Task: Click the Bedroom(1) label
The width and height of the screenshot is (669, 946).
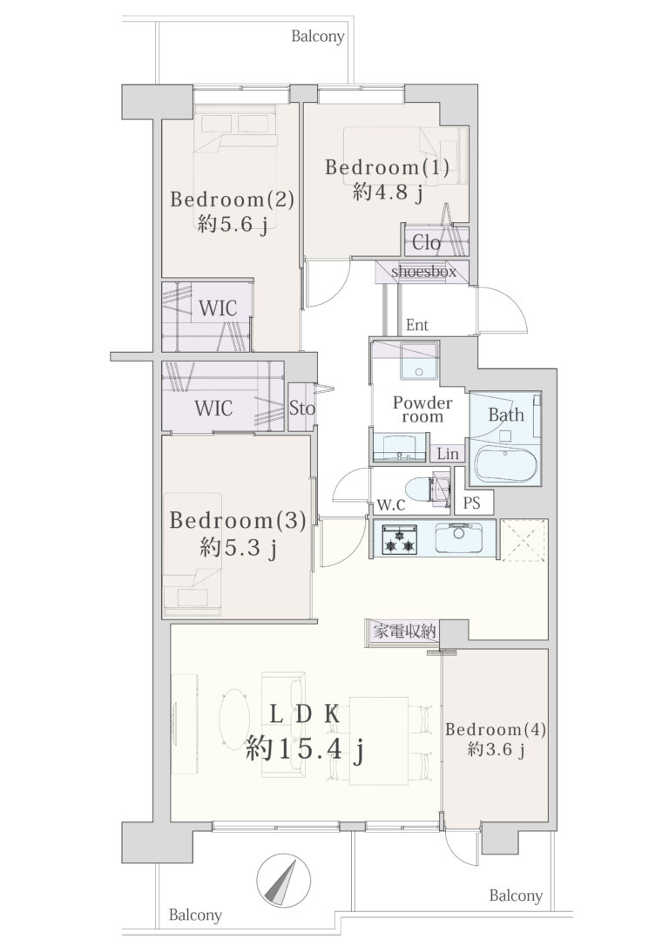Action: click(387, 167)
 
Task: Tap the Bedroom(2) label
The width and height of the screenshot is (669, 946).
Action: click(233, 199)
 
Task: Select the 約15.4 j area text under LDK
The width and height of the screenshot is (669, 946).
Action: click(305, 750)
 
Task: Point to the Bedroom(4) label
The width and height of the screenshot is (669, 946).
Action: click(496, 729)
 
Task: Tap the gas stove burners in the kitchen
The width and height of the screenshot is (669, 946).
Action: click(398, 539)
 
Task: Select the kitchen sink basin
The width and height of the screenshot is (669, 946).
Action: click(458, 537)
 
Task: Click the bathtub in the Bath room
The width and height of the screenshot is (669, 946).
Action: click(505, 464)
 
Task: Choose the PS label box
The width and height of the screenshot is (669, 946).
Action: click(472, 502)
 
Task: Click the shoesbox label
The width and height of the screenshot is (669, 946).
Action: click(423, 272)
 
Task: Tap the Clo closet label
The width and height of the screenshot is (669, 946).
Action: click(427, 242)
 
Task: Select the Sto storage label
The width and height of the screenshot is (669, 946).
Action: click(301, 409)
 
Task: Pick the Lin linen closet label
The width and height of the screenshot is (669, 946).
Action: click(448, 454)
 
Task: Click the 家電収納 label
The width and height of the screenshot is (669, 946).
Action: click(404, 632)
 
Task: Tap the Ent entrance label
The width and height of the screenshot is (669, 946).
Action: click(417, 325)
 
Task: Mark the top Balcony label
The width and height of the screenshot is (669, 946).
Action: click(318, 37)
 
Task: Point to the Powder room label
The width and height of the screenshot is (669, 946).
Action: click(422, 409)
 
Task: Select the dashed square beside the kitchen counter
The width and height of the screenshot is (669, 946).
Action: click(524, 539)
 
